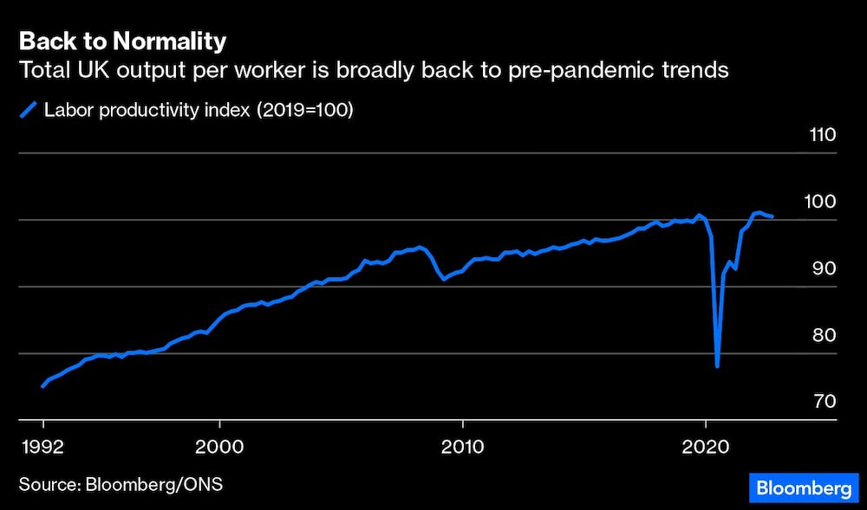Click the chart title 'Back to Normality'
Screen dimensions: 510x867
tap(122, 42)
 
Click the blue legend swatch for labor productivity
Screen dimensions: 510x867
tap(28, 110)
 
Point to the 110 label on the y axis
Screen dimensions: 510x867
tap(820, 135)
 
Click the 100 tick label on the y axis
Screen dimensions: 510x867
tap(820, 202)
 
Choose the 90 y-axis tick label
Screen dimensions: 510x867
tap(821, 268)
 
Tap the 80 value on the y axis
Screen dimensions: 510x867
tap(821, 336)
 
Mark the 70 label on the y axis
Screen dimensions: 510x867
tap(821, 402)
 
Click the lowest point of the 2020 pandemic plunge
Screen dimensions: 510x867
tap(717, 366)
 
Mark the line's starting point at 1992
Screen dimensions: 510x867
tap(42, 386)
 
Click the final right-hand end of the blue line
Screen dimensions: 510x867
tap(772, 216)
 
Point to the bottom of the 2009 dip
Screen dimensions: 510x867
tap(444, 279)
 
